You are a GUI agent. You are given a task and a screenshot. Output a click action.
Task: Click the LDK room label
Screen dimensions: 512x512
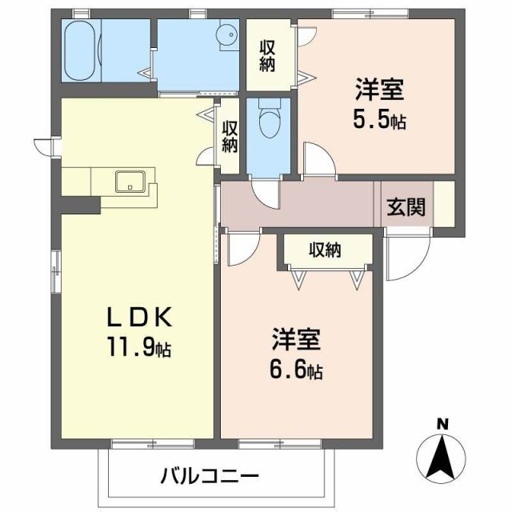[x=140, y=318]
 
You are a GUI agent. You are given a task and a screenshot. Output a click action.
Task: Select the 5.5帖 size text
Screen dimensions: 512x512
[x=379, y=121]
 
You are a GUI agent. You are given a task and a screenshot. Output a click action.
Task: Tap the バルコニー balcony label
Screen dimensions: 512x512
[x=210, y=478]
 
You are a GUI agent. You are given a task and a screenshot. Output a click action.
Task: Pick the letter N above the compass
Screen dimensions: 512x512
[x=442, y=423]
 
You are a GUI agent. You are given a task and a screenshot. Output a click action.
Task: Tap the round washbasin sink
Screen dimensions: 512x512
[x=227, y=34]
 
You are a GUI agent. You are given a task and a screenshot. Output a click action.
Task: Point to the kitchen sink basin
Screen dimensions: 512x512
[x=128, y=182]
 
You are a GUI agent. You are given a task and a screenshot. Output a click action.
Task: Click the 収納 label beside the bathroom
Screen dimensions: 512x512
[x=267, y=54]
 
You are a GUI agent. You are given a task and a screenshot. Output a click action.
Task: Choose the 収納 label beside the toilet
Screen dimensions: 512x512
[x=230, y=137]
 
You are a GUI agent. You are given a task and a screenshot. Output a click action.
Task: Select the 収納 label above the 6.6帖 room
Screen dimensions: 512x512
[x=326, y=250]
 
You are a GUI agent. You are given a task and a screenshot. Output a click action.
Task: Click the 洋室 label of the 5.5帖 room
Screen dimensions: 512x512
[x=379, y=89]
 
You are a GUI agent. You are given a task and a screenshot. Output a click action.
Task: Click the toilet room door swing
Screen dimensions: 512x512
[x=264, y=192]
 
